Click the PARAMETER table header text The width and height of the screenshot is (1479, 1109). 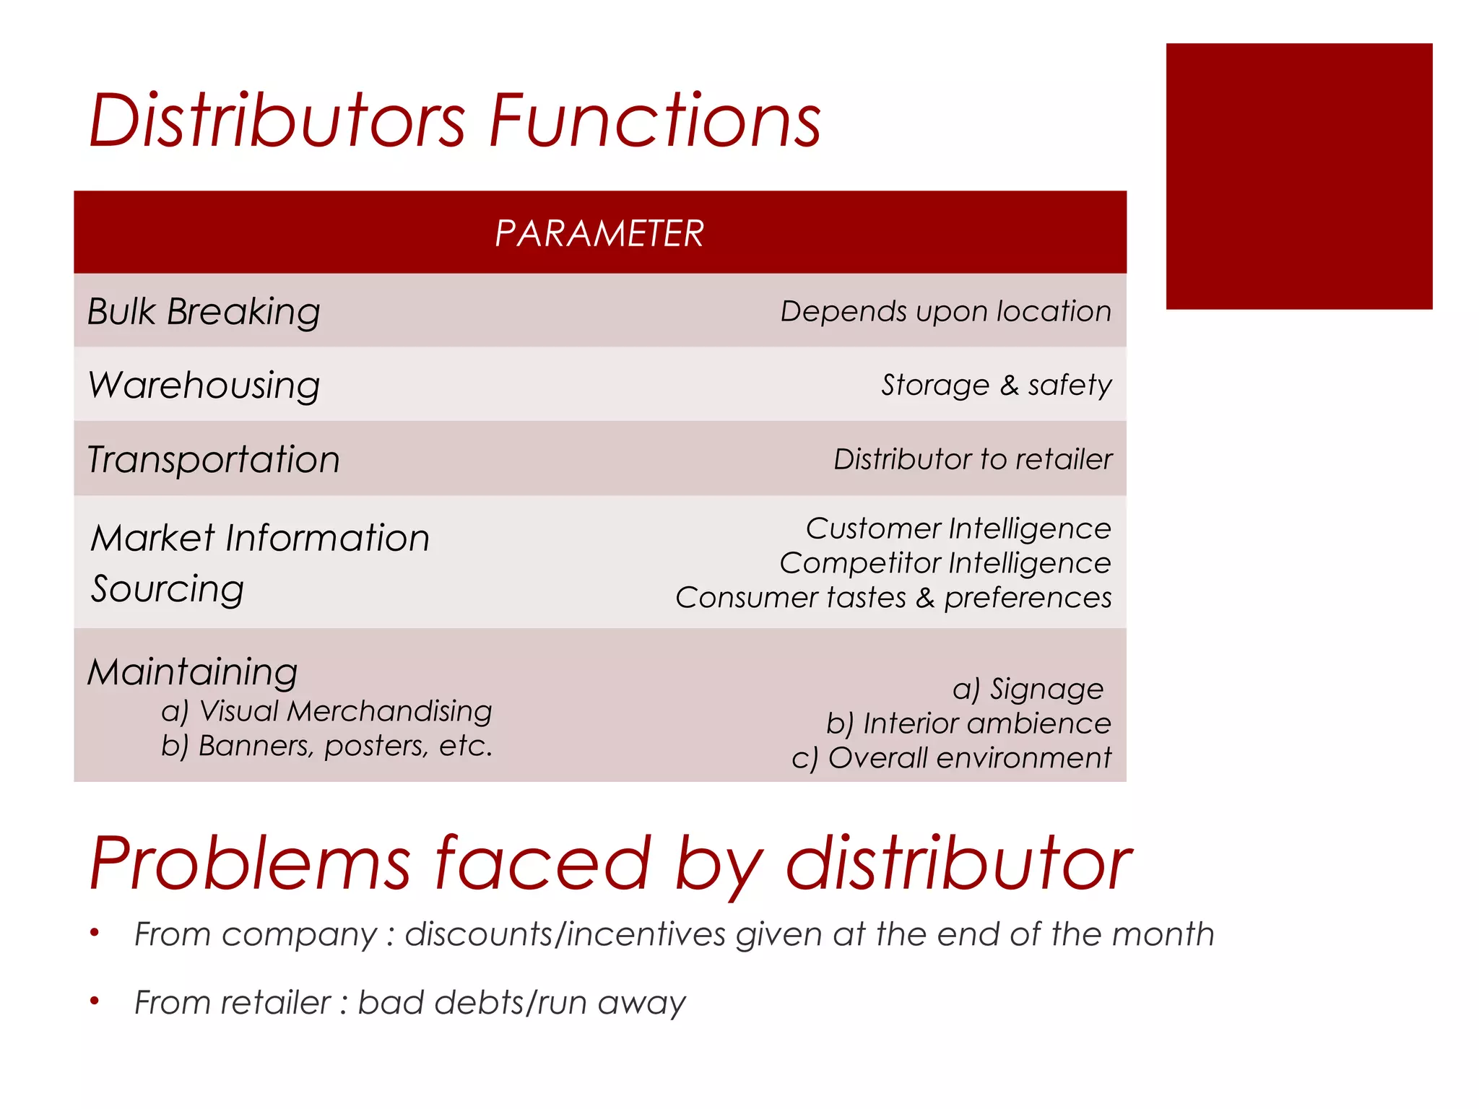point(599,233)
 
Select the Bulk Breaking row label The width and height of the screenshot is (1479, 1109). point(204,312)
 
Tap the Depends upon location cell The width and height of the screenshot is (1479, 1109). point(945,311)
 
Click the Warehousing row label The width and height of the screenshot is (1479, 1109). point(204,386)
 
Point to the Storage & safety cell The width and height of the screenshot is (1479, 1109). point(996,385)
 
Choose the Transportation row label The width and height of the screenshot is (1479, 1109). point(214,460)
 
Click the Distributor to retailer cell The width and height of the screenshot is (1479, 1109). point(973,459)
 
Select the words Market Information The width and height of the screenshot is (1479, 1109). point(260,538)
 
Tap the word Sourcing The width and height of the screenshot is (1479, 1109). point(168,589)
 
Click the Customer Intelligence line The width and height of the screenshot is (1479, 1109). point(958,529)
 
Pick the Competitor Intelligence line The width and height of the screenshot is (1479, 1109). point(945,563)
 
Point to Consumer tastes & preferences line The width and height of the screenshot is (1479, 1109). point(893,598)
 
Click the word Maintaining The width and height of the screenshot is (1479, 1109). point(193,672)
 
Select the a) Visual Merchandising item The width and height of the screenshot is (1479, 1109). point(326,711)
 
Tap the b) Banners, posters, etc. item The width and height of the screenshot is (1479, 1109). point(326,746)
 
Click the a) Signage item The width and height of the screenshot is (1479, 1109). point(1028,689)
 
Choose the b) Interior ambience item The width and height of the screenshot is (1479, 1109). point(968,723)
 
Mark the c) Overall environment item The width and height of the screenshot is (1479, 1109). point(951,758)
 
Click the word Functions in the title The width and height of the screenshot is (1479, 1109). point(655,121)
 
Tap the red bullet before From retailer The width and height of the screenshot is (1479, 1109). point(94,1001)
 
